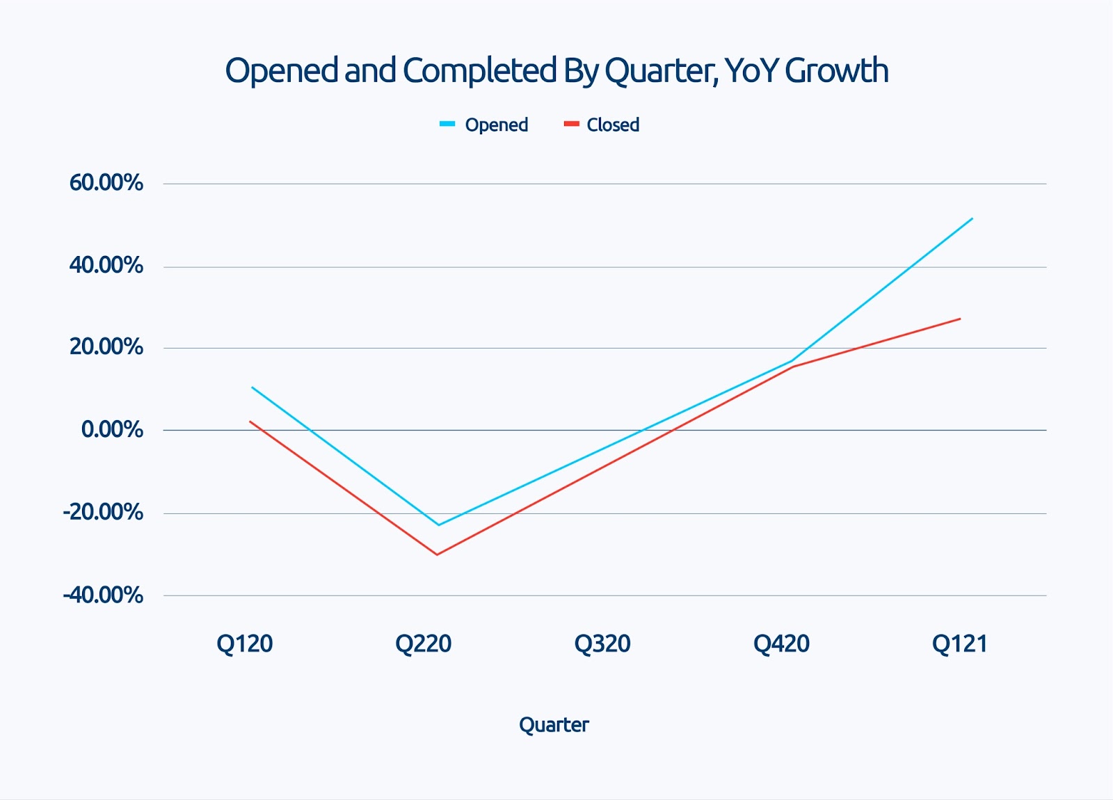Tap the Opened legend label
point(496,125)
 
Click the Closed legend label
point(613,125)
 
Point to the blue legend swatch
point(447,125)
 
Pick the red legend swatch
point(571,125)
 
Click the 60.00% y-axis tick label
point(106,183)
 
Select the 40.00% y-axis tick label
point(106,265)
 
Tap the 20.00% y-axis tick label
point(106,347)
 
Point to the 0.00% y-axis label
point(112,430)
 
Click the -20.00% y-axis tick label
point(103,513)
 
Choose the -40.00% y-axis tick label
point(103,595)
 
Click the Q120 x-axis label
point(244,644)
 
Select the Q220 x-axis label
point(423,644)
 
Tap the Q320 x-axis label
point(602,644)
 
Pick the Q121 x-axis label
point(960,644)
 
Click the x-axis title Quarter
point(554,725)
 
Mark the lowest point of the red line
point(437,554)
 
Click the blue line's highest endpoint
point(972,218)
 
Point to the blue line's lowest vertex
point(438,525)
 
